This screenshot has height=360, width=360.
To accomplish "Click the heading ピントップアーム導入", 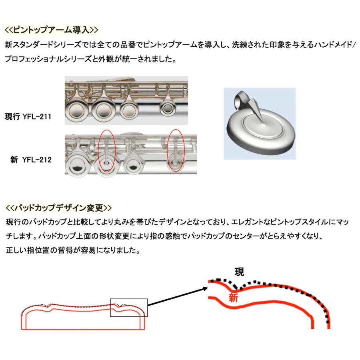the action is (x=51, y=30).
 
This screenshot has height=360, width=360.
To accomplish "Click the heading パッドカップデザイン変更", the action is (x=59, y=208).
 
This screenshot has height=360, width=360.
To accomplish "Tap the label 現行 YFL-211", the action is (x=28, y=117).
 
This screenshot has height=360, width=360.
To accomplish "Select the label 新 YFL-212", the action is (x=31, y=160).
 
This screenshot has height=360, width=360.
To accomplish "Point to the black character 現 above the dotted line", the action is (x=239, y=272).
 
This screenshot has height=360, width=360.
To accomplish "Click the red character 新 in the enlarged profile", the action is (x=234, y=298).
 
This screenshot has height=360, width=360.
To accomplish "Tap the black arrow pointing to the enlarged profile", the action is (x=178, y=296).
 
